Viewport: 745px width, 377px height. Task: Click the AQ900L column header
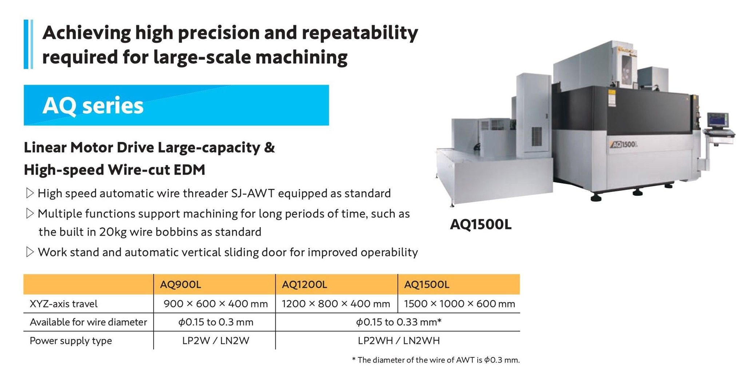[180, 285]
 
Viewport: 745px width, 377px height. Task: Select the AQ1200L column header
[304, 285]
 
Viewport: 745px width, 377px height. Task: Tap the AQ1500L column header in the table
[427, 285]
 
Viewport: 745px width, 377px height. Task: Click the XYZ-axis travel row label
[64, 304]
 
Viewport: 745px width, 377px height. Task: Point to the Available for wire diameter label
[88, 322]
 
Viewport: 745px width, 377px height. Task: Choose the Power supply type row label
[71, 341]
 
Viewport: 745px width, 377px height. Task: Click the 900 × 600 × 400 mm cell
[216, 304]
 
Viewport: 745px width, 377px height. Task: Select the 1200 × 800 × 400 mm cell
[336, 304]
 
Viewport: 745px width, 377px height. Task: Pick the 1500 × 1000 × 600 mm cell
[459, 304]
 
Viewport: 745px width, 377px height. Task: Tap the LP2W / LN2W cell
[216, 341]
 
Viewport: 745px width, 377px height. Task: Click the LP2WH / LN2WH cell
[399, 341]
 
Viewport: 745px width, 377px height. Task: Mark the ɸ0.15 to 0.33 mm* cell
[399, 322]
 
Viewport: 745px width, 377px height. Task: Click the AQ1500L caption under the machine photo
[481, 225]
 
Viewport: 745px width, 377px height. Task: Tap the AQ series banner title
[93, 106]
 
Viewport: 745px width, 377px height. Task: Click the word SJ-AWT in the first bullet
[253, 193]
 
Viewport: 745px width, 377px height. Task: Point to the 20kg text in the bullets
[113, 232]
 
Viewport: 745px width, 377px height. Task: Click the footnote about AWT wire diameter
[436, 360]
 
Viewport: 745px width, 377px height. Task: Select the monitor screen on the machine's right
[717, 121]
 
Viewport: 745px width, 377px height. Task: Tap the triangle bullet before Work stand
[30, 252]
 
